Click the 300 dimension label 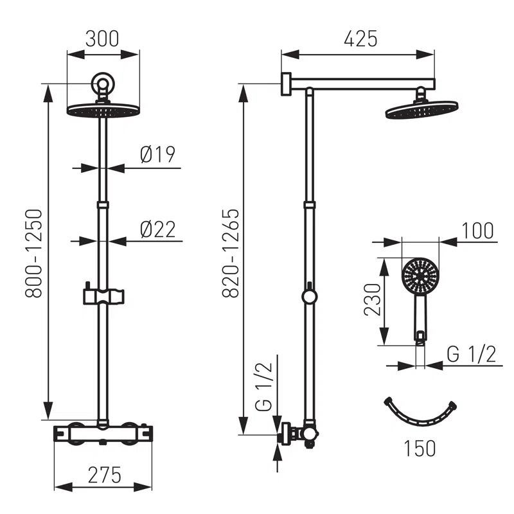(x=103, y=39)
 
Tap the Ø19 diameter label (x=157, y=154)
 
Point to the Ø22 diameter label (x=157, y=229)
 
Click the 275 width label (x=103, y=475)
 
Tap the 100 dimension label (x=476, y=230)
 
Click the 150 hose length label (x=420, y=447)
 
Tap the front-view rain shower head (x=103, y=111)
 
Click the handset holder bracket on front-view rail (x=103, y=296)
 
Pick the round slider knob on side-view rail (x=310, y=297)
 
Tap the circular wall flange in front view (x=103, y=84)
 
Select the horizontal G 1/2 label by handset (x=471, y=354)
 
